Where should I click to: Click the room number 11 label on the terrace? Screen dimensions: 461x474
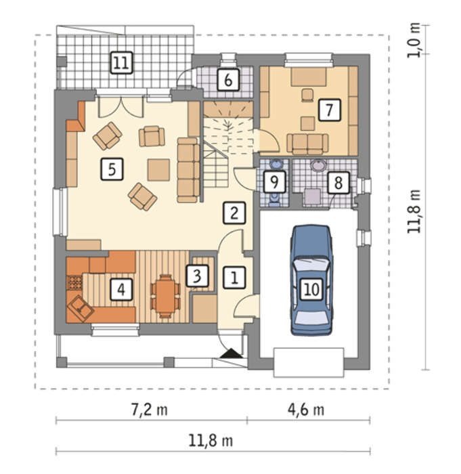(122, 63)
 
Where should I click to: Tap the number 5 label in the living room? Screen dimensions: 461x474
(112, 169)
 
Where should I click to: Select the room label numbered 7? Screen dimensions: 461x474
(330, 110)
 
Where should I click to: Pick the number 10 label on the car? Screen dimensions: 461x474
(311, 289)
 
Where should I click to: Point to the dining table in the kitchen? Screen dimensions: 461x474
(165, 297)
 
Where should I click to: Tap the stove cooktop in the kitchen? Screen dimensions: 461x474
(74, 282)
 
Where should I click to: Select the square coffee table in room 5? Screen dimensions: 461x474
(158, 169)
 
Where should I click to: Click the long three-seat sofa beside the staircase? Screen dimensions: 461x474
(188, 170)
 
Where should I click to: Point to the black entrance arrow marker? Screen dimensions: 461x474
(232, 353)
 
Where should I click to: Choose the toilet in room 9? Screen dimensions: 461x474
(274, 200)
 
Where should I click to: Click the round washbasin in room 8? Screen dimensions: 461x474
(318, 166)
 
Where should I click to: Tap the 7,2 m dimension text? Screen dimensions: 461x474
(150, 410)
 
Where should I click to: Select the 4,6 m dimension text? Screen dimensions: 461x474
(306, 410)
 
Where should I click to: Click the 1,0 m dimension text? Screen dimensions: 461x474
(414, 40)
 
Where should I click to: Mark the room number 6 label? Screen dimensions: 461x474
(229, 80)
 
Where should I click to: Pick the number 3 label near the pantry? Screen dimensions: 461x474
(197, 276)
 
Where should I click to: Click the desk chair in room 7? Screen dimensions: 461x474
(307, 94)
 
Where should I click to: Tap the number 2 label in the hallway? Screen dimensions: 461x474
(234, 213)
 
